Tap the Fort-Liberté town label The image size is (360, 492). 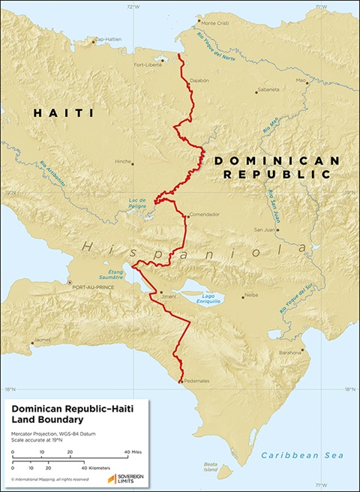pos(147,64)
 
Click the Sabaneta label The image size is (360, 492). pos(268,88)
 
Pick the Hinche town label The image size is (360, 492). pos(123,161)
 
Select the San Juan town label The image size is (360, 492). pos(265,229)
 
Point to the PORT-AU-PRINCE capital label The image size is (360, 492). pos(89,287)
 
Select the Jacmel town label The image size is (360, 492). pos(42,339)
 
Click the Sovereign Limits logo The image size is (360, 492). pos(125,478)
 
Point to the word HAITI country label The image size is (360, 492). pos(62,113)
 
